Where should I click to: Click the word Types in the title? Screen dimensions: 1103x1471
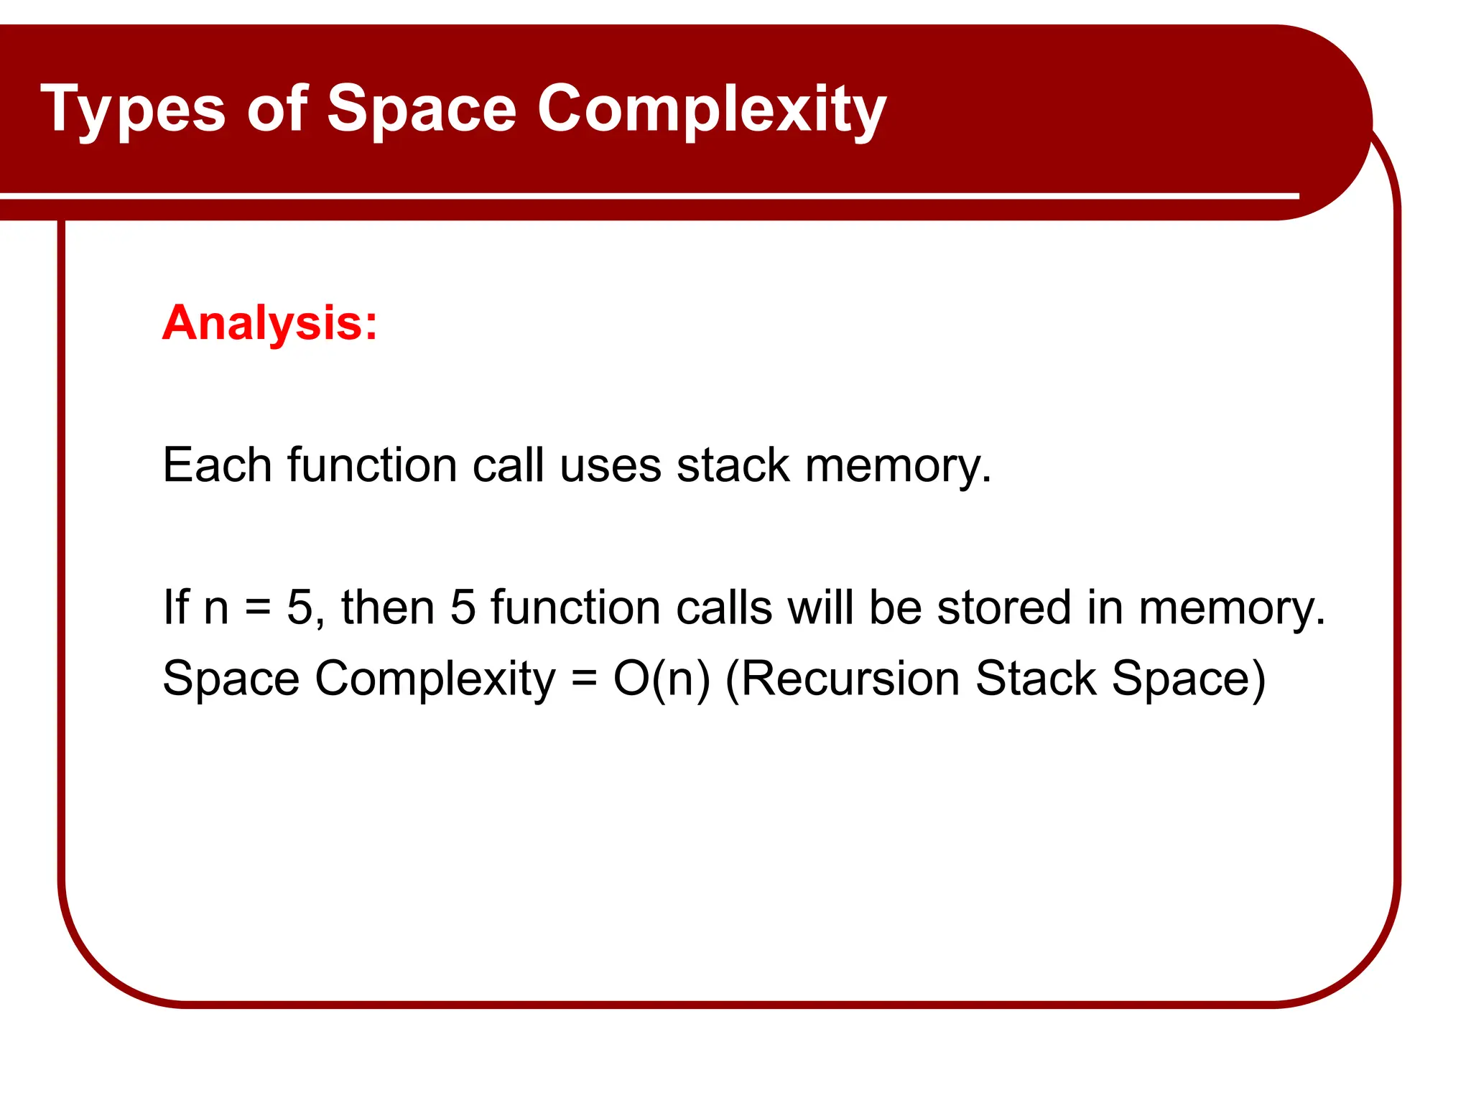tap(133, 109)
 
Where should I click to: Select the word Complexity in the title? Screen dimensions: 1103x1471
tap(712, 109)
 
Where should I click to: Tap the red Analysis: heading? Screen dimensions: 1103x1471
tap(269, 322)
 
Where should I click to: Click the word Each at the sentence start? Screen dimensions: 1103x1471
tap(217, 465)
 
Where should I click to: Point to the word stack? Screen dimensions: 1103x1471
tap(733, 465)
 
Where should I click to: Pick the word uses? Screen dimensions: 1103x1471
tap(610, 466)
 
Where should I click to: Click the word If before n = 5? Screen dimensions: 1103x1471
tap(176, 607)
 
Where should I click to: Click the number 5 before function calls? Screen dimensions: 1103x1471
tap(463, 607)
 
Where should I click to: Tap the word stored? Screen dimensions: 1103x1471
tap(1004, 607)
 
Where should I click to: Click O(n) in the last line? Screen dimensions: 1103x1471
tap(661, 678)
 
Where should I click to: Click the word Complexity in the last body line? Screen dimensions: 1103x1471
tap(435, 679)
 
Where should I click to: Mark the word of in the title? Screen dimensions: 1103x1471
tap(277, 109)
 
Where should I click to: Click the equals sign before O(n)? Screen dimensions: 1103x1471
tap(584, 679)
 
